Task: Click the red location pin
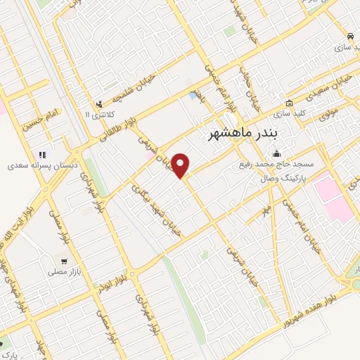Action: tap(181, 165)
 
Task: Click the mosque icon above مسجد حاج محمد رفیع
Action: tap(277, 153)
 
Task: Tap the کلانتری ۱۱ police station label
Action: tap(98, 114)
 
